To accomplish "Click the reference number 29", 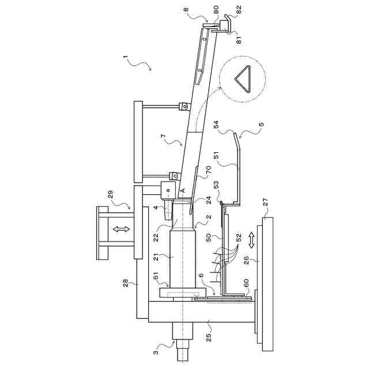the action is point(111,194).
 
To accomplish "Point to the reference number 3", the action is point(156,352).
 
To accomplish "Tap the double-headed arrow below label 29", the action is point(121,229).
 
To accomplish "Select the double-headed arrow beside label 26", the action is point(251,240).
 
